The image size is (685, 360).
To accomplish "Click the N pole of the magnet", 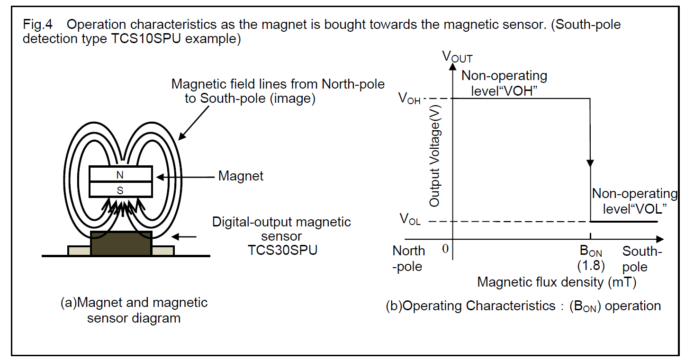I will point(120,175).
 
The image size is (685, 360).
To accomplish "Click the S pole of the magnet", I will point(120,190).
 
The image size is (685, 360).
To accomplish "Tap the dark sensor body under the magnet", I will point(121,243).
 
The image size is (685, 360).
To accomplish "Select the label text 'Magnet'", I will point(241,177).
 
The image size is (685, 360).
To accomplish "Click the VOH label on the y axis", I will point(410,99).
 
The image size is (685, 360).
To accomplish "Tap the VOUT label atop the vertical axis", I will point(457,57).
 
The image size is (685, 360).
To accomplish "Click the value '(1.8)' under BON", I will point(591,265).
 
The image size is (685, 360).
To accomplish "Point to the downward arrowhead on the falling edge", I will point(590,163).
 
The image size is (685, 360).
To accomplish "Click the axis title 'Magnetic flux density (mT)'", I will point(557,282).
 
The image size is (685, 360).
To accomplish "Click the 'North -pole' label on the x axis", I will point(409,259).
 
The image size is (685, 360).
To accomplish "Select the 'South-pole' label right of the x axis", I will point(641,259).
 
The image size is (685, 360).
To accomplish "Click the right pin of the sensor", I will point(163,251).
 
